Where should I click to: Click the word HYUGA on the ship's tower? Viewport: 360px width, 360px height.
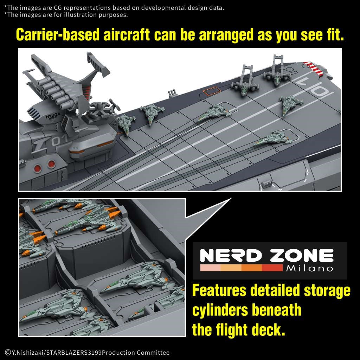click(53, 115)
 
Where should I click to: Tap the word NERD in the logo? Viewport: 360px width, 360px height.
click(231, 256)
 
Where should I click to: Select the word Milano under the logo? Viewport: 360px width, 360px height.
click(309, 268)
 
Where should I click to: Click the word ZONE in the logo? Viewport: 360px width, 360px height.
click(301, 256)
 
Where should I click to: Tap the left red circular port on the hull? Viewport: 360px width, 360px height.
click(37, 168)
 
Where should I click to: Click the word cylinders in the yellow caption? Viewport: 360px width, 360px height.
click(220, 310)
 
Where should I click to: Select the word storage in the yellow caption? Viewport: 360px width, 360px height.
click(327, 291)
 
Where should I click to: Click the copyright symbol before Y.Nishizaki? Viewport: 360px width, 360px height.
click(7, 352)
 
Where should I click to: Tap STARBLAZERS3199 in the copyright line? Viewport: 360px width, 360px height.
click(74, 352)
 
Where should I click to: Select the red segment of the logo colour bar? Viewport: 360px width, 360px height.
click(272, 268)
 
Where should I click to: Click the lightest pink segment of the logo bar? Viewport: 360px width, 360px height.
click(210, 268)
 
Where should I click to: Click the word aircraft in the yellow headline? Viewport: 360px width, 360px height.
click(127, 35)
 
